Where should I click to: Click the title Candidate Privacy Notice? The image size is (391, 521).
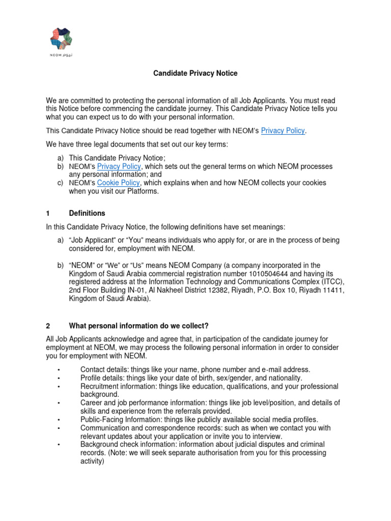pos(195,73)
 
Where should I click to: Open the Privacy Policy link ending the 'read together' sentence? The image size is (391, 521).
pos(283,131)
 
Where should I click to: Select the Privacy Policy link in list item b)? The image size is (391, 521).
pos(119,166)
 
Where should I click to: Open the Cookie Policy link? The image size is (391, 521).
pos(118,183)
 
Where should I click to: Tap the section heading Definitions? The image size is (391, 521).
pos(87,213)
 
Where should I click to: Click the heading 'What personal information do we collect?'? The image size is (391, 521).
pos(139,326)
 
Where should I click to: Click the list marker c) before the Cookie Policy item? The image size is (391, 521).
pos(60,183)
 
